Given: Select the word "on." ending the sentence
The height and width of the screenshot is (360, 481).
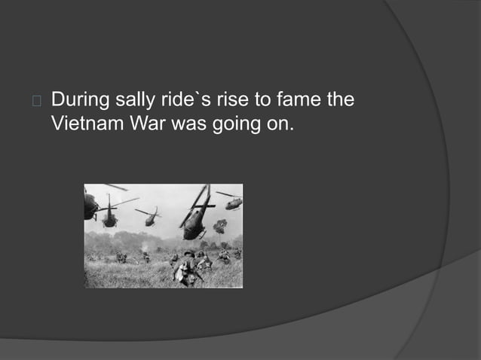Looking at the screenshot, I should (276, 124).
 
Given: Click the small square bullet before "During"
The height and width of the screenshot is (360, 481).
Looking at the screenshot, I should (36, 100).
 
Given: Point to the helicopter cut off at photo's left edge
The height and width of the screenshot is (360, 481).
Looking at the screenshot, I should (90, 205).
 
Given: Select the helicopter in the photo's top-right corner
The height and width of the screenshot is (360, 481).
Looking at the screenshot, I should (232, 201).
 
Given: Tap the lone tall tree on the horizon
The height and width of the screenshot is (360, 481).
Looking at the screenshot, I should (221, 226).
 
